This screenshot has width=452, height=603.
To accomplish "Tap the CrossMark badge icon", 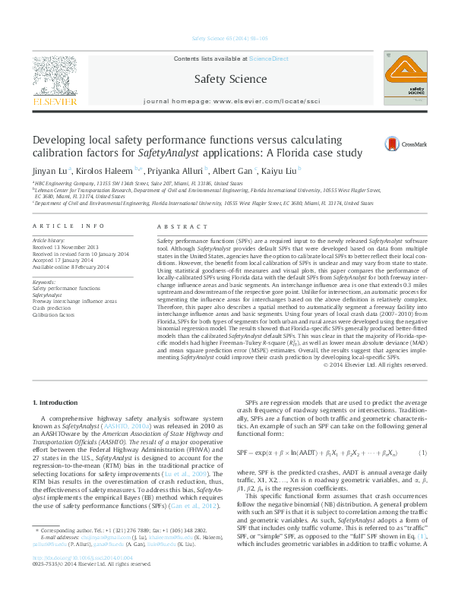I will tap(392, 143).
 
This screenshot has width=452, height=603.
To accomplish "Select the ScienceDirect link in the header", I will tap(270, 58).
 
